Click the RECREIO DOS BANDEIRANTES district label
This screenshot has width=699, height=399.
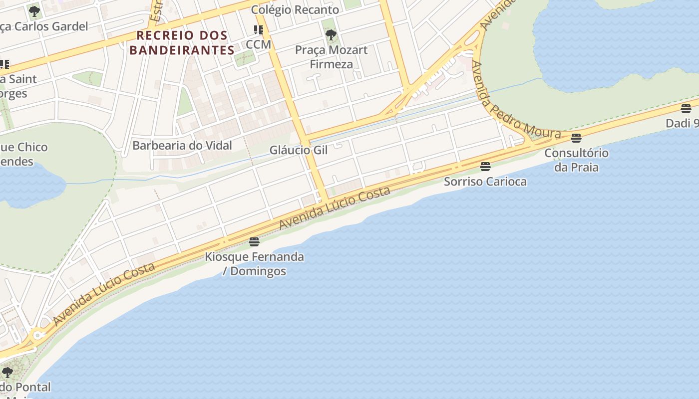click(182, 43)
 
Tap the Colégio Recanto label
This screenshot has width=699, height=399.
click(295, 9)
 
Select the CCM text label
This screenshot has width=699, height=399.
click(259, 44)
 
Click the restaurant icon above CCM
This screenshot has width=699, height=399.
click(258, 30)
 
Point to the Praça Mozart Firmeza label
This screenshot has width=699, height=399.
click(331, 57)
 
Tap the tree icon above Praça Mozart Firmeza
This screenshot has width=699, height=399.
click(331, 34)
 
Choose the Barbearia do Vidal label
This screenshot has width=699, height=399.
click(182, 146)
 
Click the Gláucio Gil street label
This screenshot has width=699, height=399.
click(299, 150)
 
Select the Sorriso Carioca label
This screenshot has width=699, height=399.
click(485, 181)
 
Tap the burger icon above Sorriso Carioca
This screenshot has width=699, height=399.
click(485, 166)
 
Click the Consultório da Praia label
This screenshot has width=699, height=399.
click(576, 160)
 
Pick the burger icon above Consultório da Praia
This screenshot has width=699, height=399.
click(576, 138)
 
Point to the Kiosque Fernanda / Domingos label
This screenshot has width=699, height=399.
click(255, 264)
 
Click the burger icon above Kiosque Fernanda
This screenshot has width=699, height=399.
click(254, 242)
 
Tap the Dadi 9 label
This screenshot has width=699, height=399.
click(683, 123)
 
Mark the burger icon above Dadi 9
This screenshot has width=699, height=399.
click(686, 108)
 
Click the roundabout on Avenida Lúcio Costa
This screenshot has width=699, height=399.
click(36, 336)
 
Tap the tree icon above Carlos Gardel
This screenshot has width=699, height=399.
click(34, 11)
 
